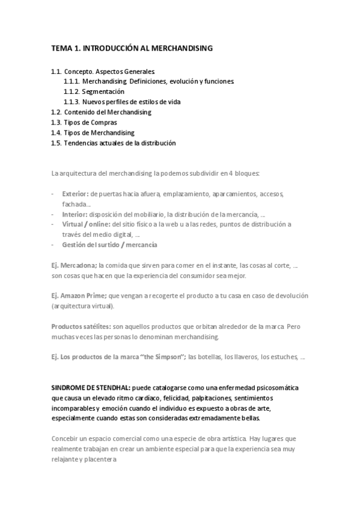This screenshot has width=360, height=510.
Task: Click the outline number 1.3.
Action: coord(56,122)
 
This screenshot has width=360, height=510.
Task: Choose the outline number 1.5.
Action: coord(56,143)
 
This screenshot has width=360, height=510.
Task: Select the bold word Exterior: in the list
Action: coord(75,194)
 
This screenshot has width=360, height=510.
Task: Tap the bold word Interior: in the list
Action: coord(75,214)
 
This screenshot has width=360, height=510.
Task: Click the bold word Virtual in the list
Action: coord(73,224)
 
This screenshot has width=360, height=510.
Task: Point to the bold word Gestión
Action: coord(74,245)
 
